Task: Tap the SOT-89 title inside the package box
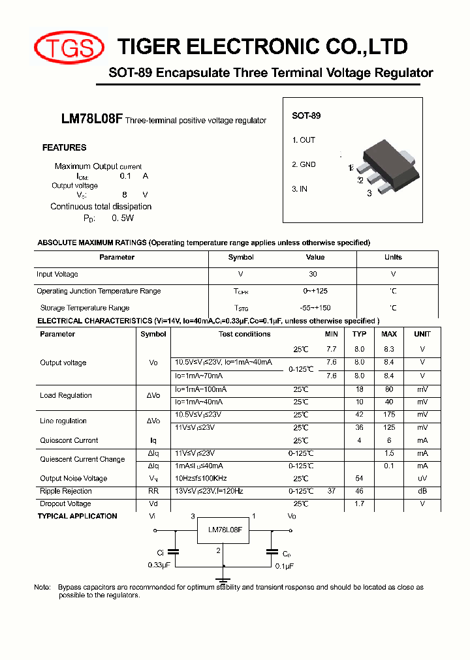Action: [x=306, y=115]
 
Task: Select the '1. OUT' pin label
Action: [x=304, y=140]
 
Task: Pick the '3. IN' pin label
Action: [x=300, y=188]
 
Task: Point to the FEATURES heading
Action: [x=64, y=147]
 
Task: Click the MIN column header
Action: [x=332, y=334]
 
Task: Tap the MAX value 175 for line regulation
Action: [x=389, y=415]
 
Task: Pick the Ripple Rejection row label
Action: [x=66, y=491]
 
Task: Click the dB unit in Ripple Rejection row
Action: [x=422, y=491]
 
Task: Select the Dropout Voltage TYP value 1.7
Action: [x=359, y=503]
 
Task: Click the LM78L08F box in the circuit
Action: [x=225, y=531]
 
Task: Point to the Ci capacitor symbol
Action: [x=174, y=551]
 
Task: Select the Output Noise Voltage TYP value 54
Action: [x=359, y=479]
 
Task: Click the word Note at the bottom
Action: [x=42, y=588]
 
